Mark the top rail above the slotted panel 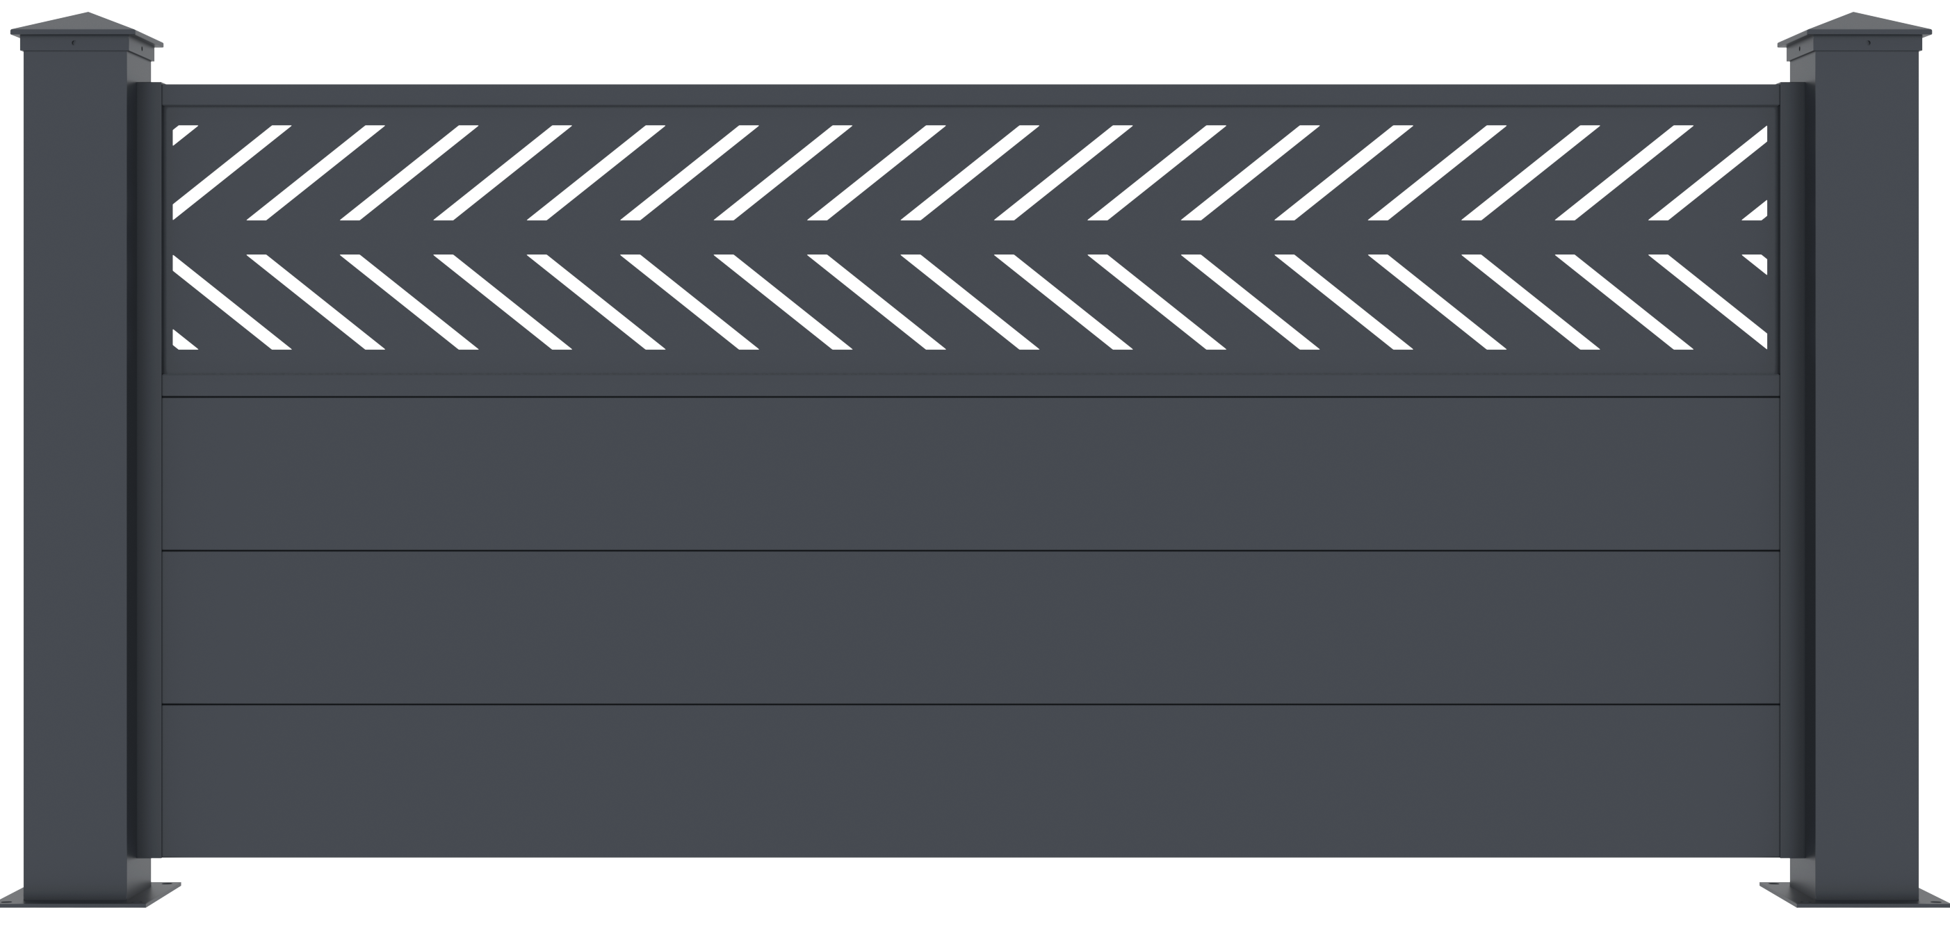click(x=969, y=95)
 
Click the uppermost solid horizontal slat click(x=969, y=473)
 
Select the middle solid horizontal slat click(x=969, y=627)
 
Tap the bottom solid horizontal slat click(x=969, y=780)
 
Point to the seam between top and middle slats click(x=969, y=551)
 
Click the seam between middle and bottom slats click(x=969, y=704)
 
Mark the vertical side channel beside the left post click(x=148, y=469)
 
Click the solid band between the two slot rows click(x=969, y=237)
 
